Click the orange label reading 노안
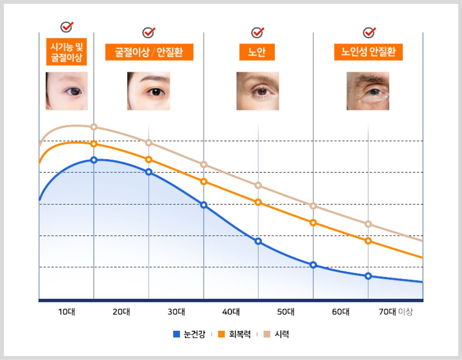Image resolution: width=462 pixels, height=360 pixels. click(x=257, y=52)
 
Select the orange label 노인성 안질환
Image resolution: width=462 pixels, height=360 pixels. click(x=368, y=52)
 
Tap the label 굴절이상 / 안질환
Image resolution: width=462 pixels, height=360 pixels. click(x=149, y=52)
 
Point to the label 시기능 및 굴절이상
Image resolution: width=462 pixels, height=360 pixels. click(x=67, y=52)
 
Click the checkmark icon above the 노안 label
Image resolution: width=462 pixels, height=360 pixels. click(x=258, y=32)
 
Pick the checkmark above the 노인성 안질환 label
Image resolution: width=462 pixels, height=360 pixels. click(x=369, y=32)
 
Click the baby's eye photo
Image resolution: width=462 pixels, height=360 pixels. click(x=67, y=91)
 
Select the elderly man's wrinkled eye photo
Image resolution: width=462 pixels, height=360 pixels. click(x=368, y=91)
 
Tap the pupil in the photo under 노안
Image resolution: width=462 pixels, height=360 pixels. click(x=262, y=91)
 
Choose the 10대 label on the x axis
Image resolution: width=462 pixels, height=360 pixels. click(x=67, y=312)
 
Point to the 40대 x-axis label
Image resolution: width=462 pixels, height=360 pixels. click(x=231, y=312)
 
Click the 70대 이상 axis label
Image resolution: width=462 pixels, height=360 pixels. click(x=396, y=312)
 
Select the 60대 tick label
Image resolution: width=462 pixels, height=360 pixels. click(x=341, y=312)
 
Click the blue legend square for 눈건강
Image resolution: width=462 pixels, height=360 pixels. click(x=176, y=334)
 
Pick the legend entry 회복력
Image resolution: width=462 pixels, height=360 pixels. click(x=234, y=334)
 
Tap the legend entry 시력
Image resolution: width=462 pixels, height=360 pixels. click(x=276, y=334)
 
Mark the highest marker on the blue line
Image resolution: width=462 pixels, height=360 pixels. click(x=94, y=160)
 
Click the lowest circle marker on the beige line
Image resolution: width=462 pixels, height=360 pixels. click(x=368, y=224)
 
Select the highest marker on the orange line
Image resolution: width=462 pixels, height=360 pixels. click(x=94, y=144)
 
